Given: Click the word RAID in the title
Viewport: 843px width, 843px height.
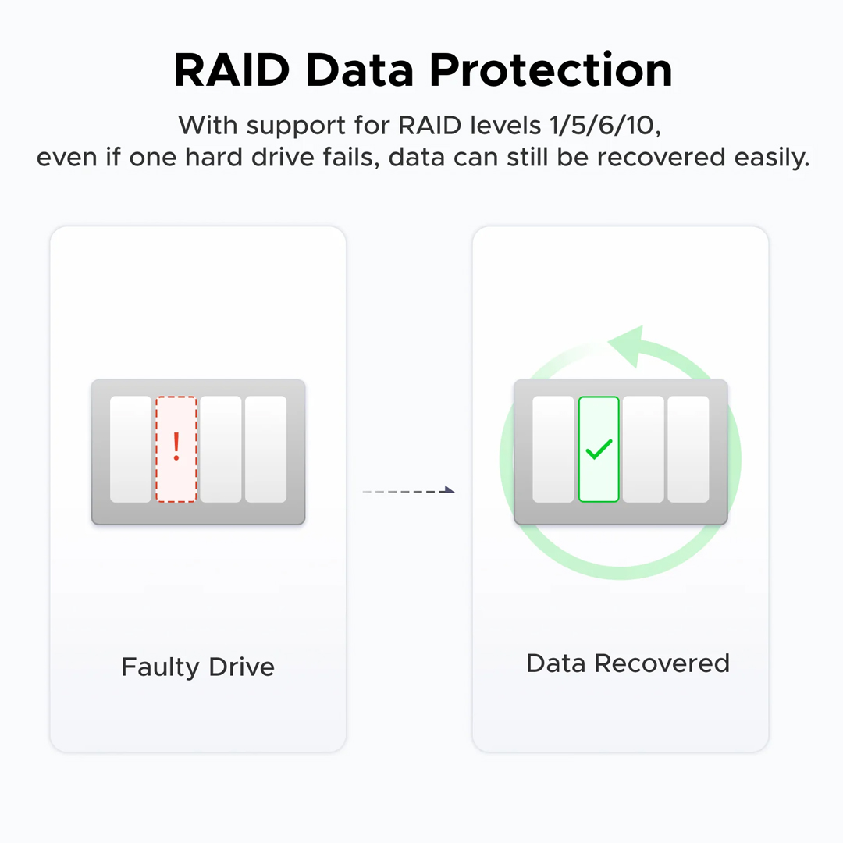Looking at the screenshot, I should [x=232, y=70].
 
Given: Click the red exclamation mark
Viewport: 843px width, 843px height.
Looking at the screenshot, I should [x=176, y=446].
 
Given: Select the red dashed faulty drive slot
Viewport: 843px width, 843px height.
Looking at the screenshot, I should [x=176, y=468].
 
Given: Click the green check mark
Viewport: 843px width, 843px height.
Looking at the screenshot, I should [x=599, y=449].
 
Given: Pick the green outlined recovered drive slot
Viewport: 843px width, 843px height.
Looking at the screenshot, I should [x=599, y=476].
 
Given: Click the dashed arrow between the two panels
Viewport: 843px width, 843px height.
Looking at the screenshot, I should [x=409, y=491].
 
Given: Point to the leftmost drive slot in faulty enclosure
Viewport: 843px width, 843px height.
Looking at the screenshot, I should [x=130, y=449].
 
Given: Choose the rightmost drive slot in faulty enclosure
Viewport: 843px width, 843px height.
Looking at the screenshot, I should [x=266, y=449].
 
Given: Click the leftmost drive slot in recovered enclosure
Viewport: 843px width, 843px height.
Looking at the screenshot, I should [x=553, y=449].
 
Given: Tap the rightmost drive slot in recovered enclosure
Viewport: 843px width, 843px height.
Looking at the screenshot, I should [x=688, y=449].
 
